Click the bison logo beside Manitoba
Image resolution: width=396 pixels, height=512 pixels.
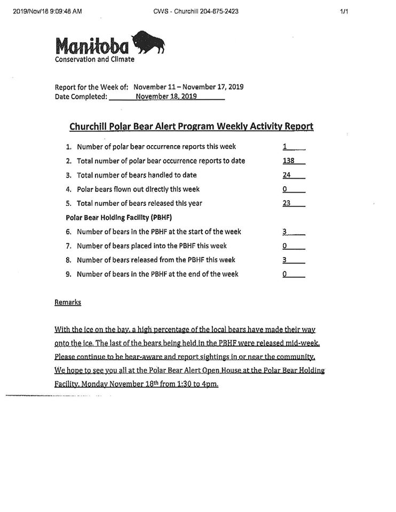tap(148, 42)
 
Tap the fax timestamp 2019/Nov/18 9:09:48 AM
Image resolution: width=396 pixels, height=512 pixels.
tap(47, 11)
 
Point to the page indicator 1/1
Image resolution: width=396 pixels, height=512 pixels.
tap(344, 11)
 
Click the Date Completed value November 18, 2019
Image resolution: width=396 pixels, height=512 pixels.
tap(166, 97)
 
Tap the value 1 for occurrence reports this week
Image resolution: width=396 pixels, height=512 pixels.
tap(285, 147)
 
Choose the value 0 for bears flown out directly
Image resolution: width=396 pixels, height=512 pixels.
tap(285, 189)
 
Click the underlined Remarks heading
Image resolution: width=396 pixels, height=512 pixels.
tap(68, 302)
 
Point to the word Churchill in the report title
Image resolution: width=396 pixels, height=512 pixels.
tap(88, 126)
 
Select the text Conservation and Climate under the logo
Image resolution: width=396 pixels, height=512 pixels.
tap(94, 59)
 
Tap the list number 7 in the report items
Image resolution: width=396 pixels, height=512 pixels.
tap(68, 246)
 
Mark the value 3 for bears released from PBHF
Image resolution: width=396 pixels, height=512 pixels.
tap(285, 260)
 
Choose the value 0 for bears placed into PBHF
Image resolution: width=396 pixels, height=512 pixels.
tap(285, 246)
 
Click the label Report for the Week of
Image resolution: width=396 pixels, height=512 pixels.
tap(91, 87)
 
